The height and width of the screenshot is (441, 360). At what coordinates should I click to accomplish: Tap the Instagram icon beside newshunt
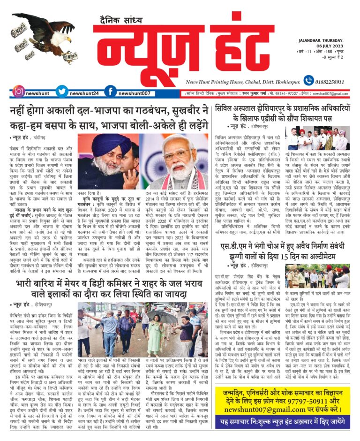[x=19, y=92]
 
